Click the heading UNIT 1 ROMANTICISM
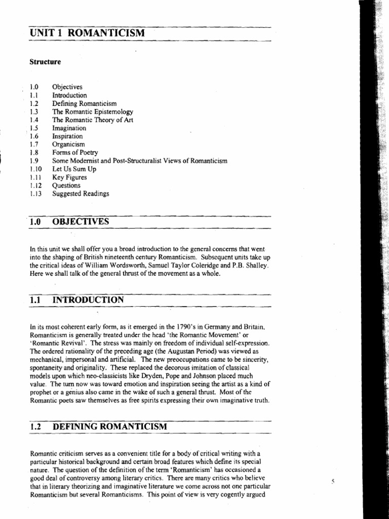(87, 33)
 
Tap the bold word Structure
(45, 62)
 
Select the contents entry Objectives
(67, 87)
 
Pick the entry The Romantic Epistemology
(93, 112)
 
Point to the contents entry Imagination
(69, 128)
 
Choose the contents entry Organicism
(69, 144)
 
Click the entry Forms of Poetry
(75, 153)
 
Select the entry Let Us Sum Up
(74, 169)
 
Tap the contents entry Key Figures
(69, 177)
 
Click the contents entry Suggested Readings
(81, 194)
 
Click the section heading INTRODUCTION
(88, 300)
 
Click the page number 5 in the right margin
(333, 481)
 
